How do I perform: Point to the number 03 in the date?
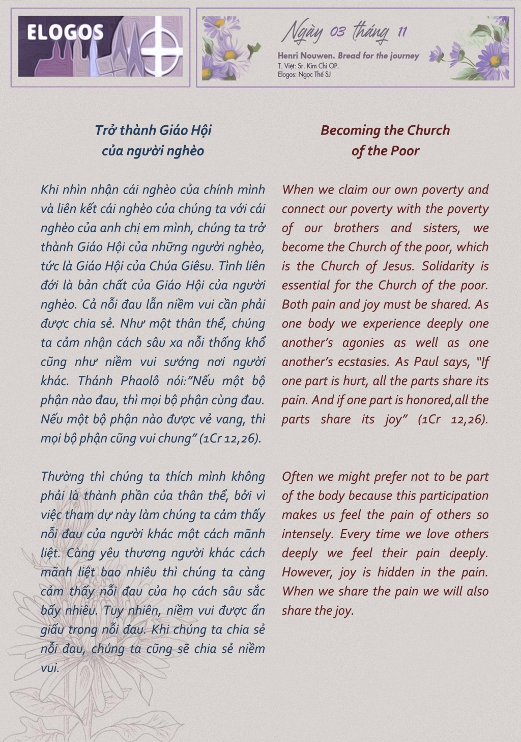click(337, 33)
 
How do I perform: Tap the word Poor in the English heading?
click(406, 151)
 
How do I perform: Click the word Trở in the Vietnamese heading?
click(106, 130)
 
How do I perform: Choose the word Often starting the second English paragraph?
click(298, 477)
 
